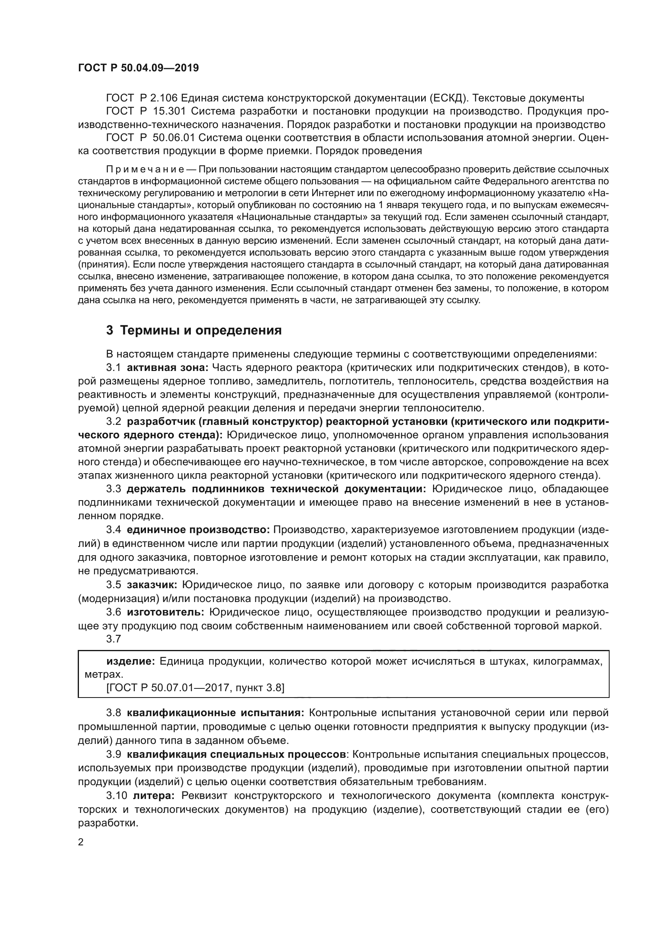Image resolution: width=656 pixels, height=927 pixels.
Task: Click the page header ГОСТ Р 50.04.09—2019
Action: click(138, 68)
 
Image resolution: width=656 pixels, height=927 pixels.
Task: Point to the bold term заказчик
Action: click(152, 585)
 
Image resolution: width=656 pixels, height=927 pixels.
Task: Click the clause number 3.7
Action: click(113, 639)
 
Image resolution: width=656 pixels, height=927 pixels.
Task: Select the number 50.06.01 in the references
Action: click(174, 138)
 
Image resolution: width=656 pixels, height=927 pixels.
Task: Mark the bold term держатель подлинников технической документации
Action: click(276, 489)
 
